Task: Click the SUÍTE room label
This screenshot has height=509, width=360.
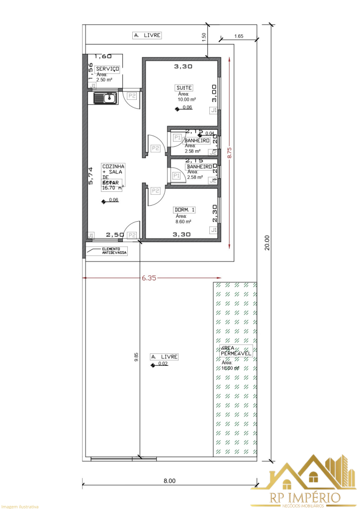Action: pyautogui.click(x=184, y=88)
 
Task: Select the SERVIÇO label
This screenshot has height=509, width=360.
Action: pyautogui.click(x=107, y=68)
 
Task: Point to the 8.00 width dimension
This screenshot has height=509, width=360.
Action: pyautogui.click(x=169, y=481)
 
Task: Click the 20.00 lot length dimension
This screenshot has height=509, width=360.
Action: pyautogui.click(x=267, y=243)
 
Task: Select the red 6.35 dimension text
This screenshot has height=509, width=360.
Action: pyautogui.click(x=149, y=278)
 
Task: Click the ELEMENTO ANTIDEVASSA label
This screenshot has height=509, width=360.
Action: pyautogui.click(x=114, y=251)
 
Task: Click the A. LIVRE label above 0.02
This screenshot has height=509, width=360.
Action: pyautogui.click(x=164, y=357)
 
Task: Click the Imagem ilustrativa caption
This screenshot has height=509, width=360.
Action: pyautogui.click(x=19, y=506)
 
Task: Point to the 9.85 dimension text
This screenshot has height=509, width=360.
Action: pyautogui.click(x=136, y=358)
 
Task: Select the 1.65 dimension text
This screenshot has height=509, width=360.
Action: pyautogui.click(x=238, y=36)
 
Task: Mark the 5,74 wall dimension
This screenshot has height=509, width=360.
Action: pyautogui.click(x=90, y=176)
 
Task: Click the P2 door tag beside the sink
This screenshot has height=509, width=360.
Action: pyautogui.click(x=132, y=95)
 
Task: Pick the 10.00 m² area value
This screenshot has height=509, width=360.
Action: pyautogui.click(x=186, y=99)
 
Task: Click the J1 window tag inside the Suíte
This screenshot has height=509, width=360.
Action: pyautogui.click(x=213, y=110)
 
